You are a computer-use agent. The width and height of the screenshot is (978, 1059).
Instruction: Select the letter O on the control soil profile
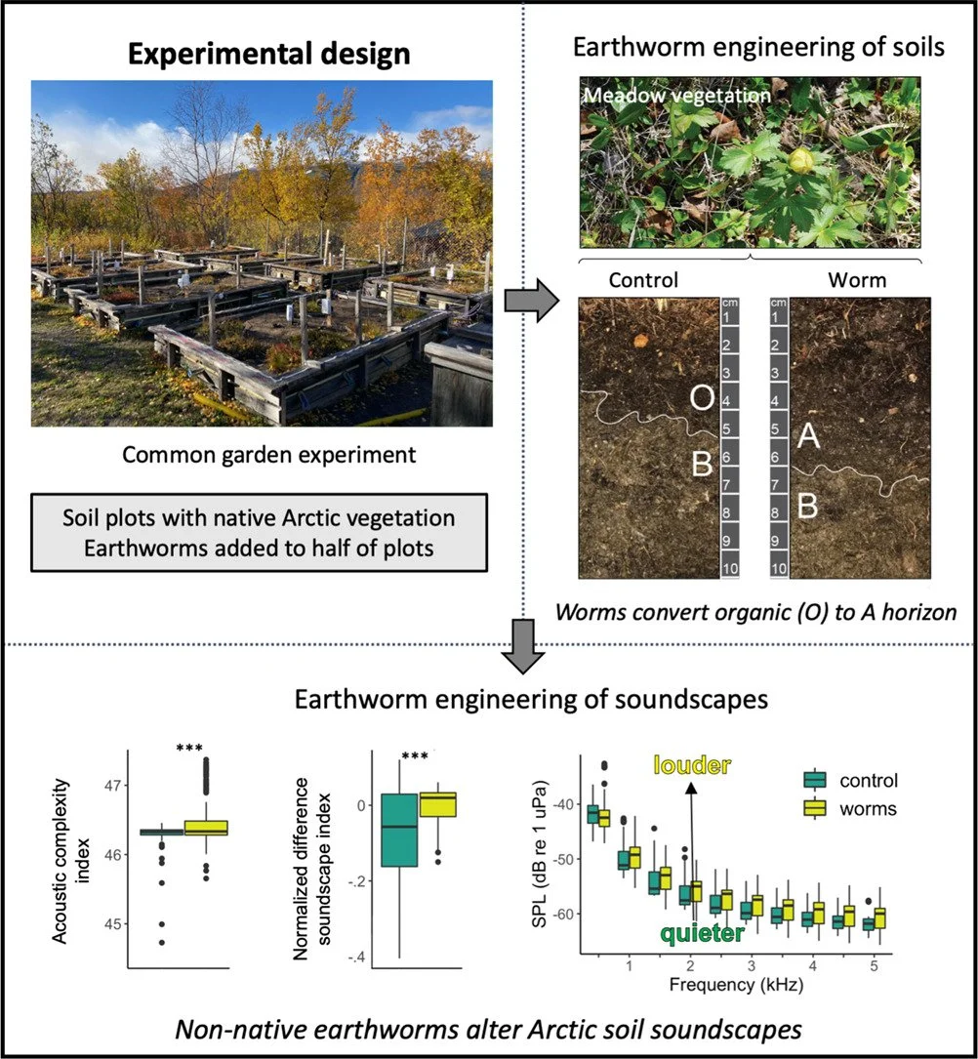[x=702, y=398]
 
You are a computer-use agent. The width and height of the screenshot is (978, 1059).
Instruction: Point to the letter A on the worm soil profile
[x=808, y=437]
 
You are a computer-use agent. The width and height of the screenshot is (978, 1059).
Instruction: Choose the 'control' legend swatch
[x=814, y=780]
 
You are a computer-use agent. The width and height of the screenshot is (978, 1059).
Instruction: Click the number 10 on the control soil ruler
[x=727, y=567]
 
